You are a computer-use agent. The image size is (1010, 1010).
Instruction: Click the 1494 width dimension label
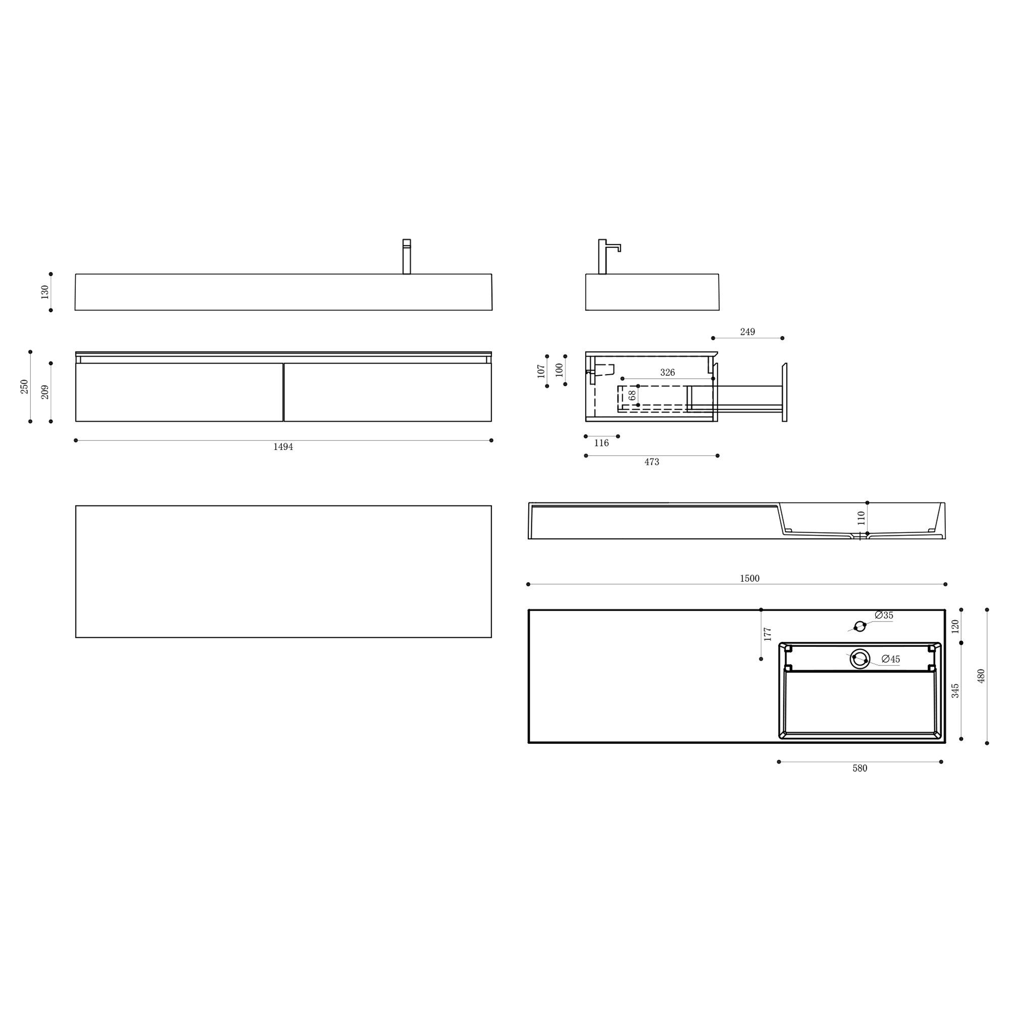click(x=283, y=447)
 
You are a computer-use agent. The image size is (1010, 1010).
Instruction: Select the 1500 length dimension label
click(x=749, y=579)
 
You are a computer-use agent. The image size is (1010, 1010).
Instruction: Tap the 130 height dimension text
click(x=45, y=292)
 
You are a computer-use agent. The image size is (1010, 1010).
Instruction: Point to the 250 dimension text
click(x=25, y=387)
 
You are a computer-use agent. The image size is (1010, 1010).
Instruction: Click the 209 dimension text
click(x=45, y=392)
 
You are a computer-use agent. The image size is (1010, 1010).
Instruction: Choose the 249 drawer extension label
click(x=747, y=332)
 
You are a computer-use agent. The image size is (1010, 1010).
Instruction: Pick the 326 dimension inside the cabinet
click(x=667, y=373)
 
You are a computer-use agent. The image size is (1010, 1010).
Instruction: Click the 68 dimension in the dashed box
click(x=632, y=395)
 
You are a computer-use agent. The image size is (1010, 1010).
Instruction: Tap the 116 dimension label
click(x=601, y=443)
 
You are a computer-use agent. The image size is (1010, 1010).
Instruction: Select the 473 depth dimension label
click(x=651, y=462)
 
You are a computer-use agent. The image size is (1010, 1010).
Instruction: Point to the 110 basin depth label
click(x=862, y=518)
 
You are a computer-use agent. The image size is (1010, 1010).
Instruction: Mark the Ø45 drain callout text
click(x=891, y=660)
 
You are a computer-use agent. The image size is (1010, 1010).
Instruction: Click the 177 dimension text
click(x=768, y=634)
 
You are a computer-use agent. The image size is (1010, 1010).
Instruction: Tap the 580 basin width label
click(x=860, y=769)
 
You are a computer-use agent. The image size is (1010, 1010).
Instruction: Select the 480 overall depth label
click(x=981, y=676)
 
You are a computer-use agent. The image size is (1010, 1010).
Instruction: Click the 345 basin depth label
click(x=955, y=690)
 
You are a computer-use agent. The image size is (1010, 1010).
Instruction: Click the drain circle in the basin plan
click(x=860, y=659)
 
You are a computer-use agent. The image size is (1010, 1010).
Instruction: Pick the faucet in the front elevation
click(x=406, y=256)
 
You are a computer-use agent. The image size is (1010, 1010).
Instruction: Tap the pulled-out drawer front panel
click(x=784, y=392)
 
